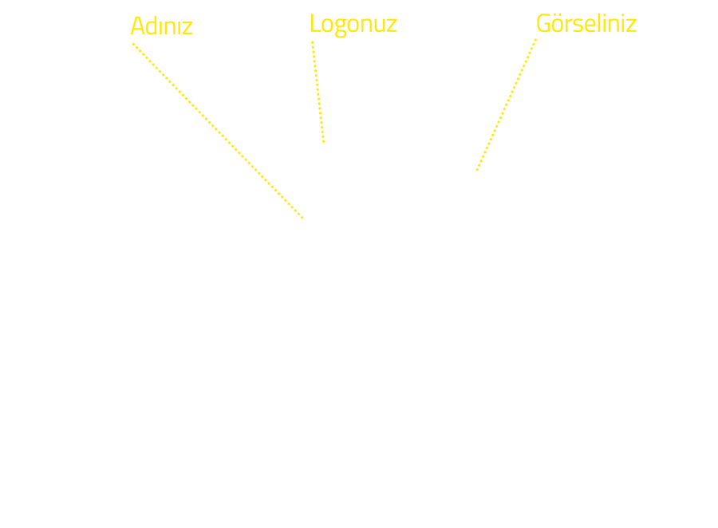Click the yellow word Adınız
click(x=162, y=26)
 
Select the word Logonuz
click(x=353, y=25)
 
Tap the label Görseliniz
click(x=586, y=23)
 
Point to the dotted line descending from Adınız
click(x=218, y=131)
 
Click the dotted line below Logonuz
click(x=318, y=92)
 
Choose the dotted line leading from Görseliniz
click(x=507, y=104)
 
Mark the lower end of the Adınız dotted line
click(x=302, y=218)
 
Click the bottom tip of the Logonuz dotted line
click(x=323, y=141)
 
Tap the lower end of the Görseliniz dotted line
click(x=477, y=170)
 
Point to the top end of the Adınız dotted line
click(x=133, y=44)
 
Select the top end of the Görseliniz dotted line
click(x=536, y=40)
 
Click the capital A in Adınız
click(x=138, y=26)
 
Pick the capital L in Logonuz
click(x=315, y=23)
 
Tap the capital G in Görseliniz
click(x=543, y=23)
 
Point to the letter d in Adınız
click(x=152, y=26)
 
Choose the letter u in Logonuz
click(x=380, y=26)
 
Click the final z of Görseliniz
click(x=631, y=26)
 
